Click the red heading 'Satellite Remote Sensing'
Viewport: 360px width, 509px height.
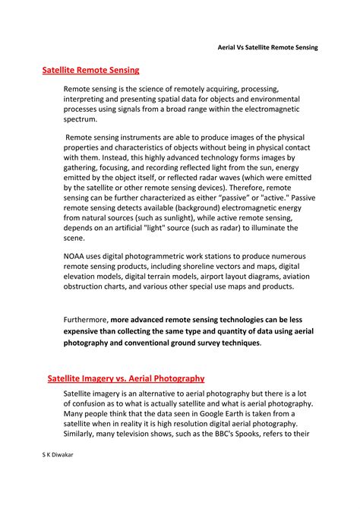coord(90,71)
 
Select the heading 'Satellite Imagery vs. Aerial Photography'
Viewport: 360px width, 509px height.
coord(125,378)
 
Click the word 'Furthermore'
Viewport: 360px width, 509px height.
coord(86,320)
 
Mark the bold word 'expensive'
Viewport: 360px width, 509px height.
coord(84,331)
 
